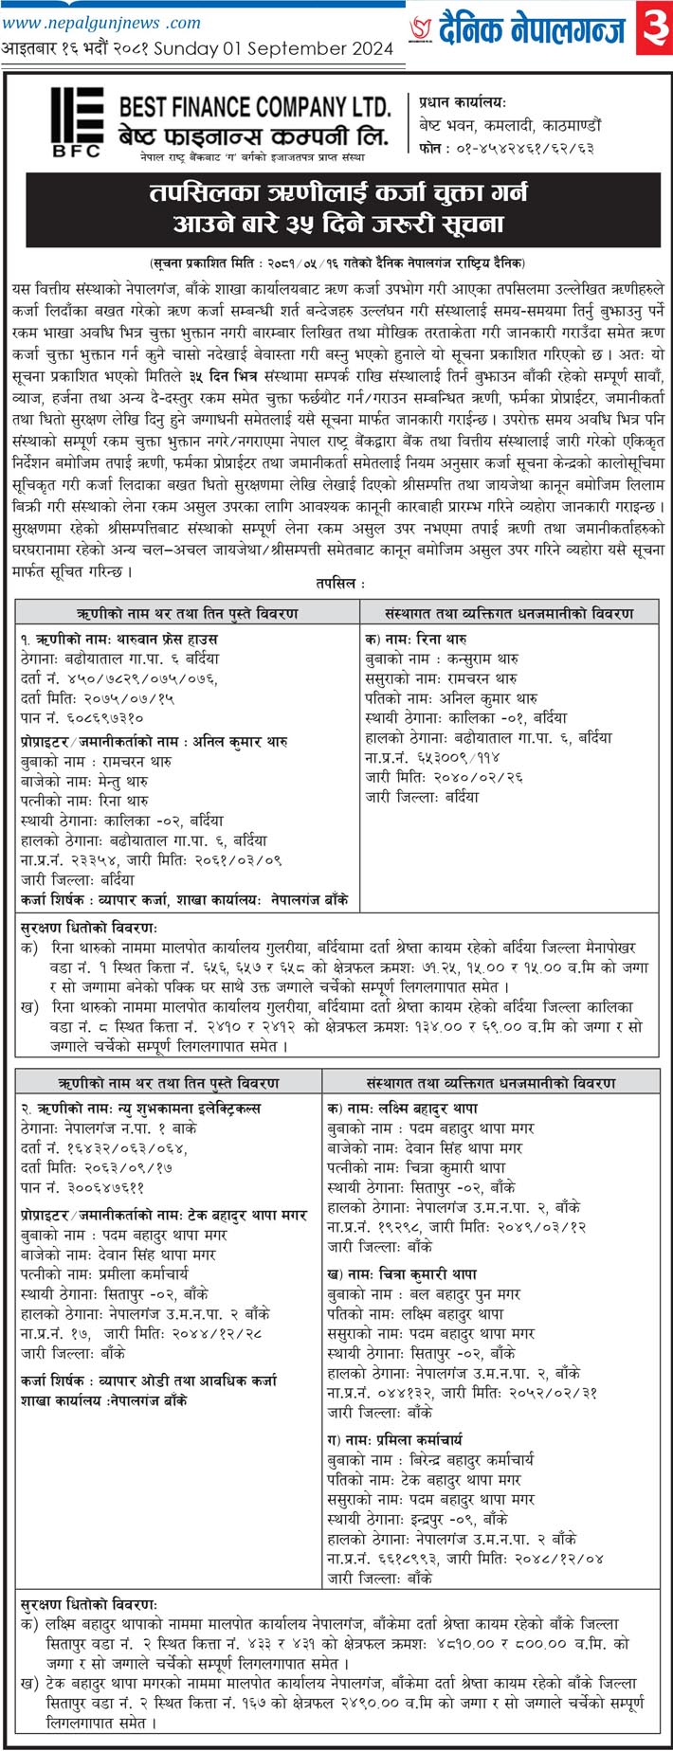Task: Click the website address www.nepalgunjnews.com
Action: click(x=101, y=22)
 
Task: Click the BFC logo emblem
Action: click(x=77, y=121)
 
